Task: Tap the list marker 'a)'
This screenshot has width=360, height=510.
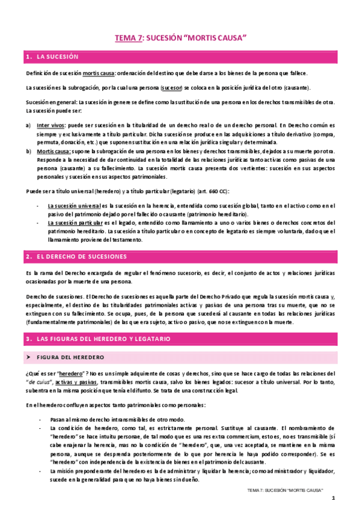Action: point(28,125)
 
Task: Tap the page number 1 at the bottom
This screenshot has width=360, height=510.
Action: point(332,497)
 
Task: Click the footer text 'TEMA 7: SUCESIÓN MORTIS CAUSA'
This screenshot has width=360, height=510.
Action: point(285,490)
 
